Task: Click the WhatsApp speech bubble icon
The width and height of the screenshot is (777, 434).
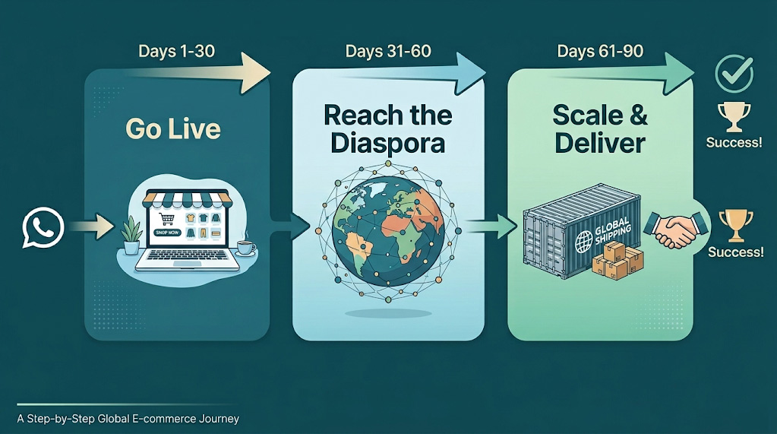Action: [x=43, y=227]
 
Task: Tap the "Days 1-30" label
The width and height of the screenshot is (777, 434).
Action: [x=176, y=52]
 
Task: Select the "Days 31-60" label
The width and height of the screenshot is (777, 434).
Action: [x=388, y=52]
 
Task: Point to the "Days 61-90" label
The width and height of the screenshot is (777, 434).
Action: [x=600, y=52]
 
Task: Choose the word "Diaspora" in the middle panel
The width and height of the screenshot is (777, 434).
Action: [x=388, y=142]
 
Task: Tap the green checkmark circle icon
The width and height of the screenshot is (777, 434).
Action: [x=734, y=74]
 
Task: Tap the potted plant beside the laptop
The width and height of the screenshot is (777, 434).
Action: [x=131, y=235]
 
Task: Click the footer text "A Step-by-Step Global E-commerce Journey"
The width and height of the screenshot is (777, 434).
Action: [x=128, y=418]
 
